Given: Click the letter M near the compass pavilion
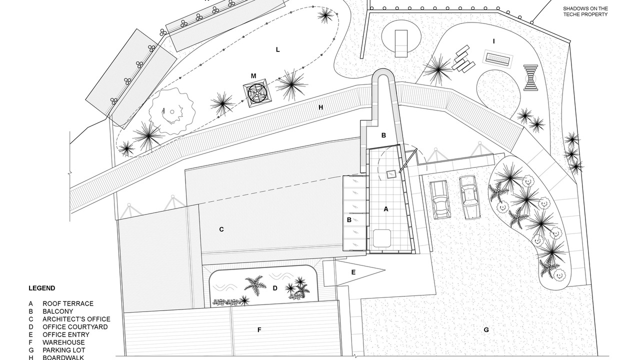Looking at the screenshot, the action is point(253,76).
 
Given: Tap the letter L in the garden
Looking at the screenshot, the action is point(277,49).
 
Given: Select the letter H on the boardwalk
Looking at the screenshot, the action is point(320,107).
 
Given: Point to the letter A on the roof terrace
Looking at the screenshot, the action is point(385,209).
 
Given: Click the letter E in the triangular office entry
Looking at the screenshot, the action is point(353,272).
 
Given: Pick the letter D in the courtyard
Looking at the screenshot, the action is point(275,288).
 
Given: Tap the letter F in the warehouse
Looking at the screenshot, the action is point(259,330).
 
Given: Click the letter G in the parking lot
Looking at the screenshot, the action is point(486,330).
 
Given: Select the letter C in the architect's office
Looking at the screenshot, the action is point(221,229).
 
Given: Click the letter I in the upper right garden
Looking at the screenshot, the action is point(493,41).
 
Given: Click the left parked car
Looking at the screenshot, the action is point(439,199).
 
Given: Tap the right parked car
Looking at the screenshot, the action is point(470,197).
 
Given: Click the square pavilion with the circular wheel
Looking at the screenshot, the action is point(257,93).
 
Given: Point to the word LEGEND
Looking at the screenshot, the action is point(41,288).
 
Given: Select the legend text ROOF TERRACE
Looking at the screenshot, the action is point(68,303).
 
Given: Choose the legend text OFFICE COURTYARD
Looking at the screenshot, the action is point(75,327).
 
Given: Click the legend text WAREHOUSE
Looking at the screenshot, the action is point(63,342).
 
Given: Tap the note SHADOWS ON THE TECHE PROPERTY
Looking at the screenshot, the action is point(585,11).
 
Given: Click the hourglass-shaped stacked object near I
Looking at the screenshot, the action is point(531,77).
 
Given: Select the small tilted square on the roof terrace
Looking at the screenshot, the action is point(390,174).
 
